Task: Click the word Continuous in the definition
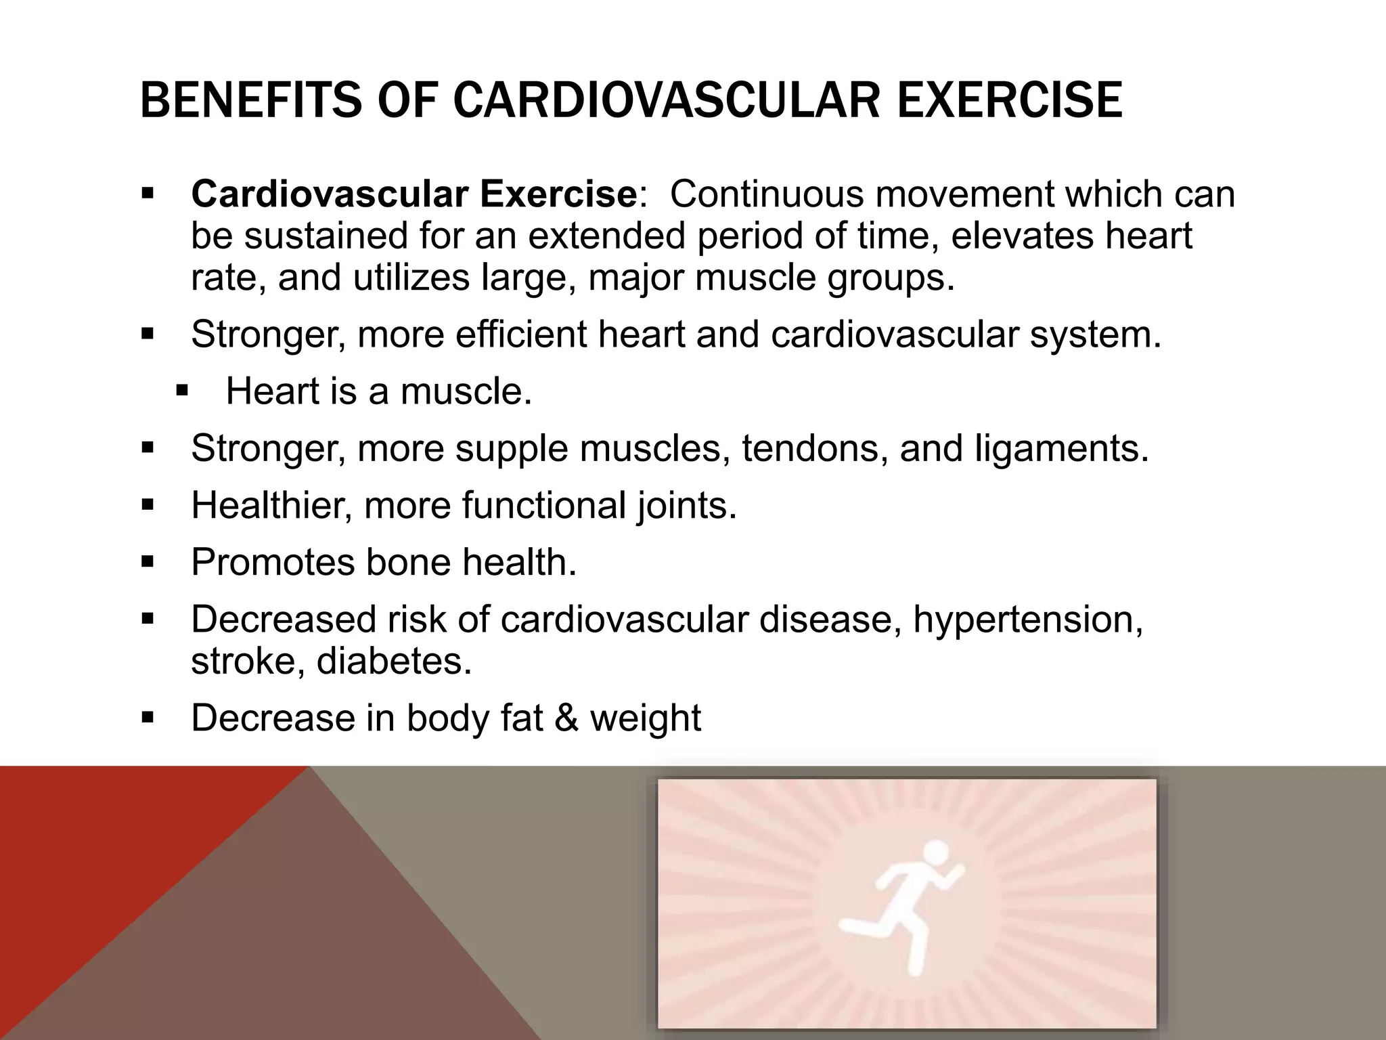pyautogui.click(x=767, y=194)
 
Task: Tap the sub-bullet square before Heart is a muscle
pyautogui.click(x=182, y=391)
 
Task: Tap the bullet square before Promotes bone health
pyautogui.click(x=148, y=561)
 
